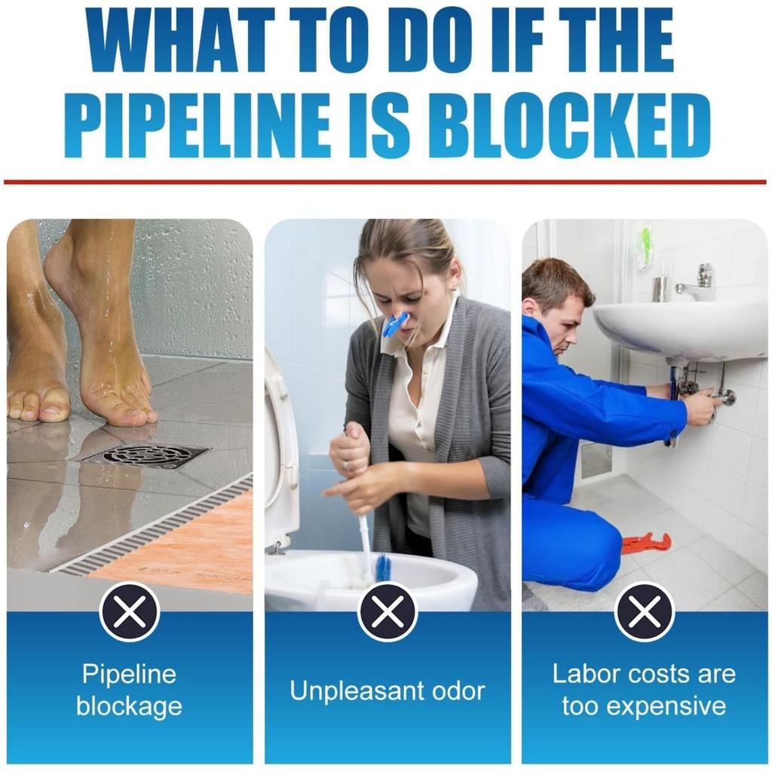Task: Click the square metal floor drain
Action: pyautogui.click(x=145, y=455)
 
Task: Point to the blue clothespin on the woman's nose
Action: pyautogui.click(x=395, y=323)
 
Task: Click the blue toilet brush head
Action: pyautogui.click(x=384, y=567)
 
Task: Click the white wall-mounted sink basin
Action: pyautogui.click(x=679, y=328)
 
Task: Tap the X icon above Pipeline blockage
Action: pyautogui.click(x=130, y=611)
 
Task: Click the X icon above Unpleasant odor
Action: pyautogui.click(x=388, y=611)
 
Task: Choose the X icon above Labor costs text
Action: pyautogui.click(x=645, y=611)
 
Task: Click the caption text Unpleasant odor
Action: pyautogui.click(x=388, y=691)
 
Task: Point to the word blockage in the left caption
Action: pyautogui.click(x=129, y=706)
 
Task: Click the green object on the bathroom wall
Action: pyautogui.click(x=644, y=247)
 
